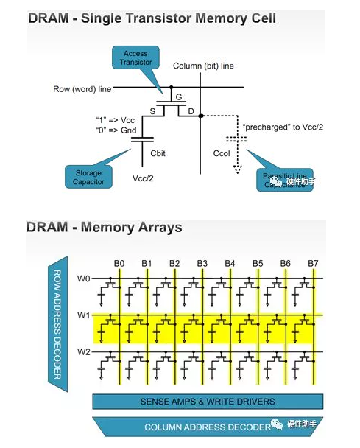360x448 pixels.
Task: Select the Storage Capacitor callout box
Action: (88, 178)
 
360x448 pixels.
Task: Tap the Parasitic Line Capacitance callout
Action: (283, 179)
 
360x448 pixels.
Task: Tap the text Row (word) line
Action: (82, 89)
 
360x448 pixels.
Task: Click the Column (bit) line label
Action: (203, 66)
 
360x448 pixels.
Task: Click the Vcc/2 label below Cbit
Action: (143, 179)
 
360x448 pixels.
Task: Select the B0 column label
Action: (119, 262)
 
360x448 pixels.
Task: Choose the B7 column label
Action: (313, 262)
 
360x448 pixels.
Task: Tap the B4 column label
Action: (230, 262)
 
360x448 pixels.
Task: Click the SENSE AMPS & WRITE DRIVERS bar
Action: (207, 402)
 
